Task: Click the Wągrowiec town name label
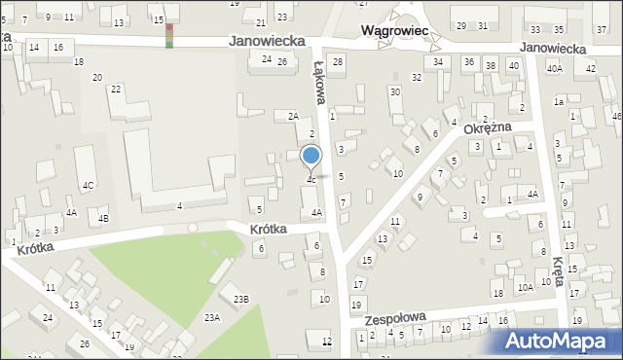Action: [x=395, y=31]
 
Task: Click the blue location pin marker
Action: [x=311, y=157]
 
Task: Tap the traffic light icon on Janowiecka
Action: [x=170, y=36]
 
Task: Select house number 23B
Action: [x=240, y=299]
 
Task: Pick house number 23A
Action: [x=211, y=317]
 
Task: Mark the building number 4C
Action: [x=88, y=185]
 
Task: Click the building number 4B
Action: [x=103, y=218]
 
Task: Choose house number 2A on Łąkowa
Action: [x=293, y=116]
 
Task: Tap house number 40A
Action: [x=554, y=69]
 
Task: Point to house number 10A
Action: [x=524, y=288]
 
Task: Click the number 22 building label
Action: [x=116, y=90]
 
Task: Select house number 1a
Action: [x=559, y=101]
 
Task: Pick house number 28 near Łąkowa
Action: [x=338, y=62]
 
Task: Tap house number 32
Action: [x=417, y=77]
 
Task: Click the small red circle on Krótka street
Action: [x=193, y=227]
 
